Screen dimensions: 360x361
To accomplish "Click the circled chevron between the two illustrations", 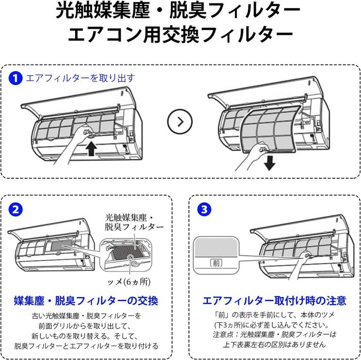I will pos(180,122).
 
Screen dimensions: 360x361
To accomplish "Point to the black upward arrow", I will pos(91,150).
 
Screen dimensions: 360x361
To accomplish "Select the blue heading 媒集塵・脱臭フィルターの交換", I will pos(86,300).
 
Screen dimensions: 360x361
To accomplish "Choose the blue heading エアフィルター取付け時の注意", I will pos(274,300).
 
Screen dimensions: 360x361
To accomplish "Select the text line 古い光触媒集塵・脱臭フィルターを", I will pos(86,315).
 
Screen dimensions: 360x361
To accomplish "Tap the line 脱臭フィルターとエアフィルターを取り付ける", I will pos(86,346).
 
